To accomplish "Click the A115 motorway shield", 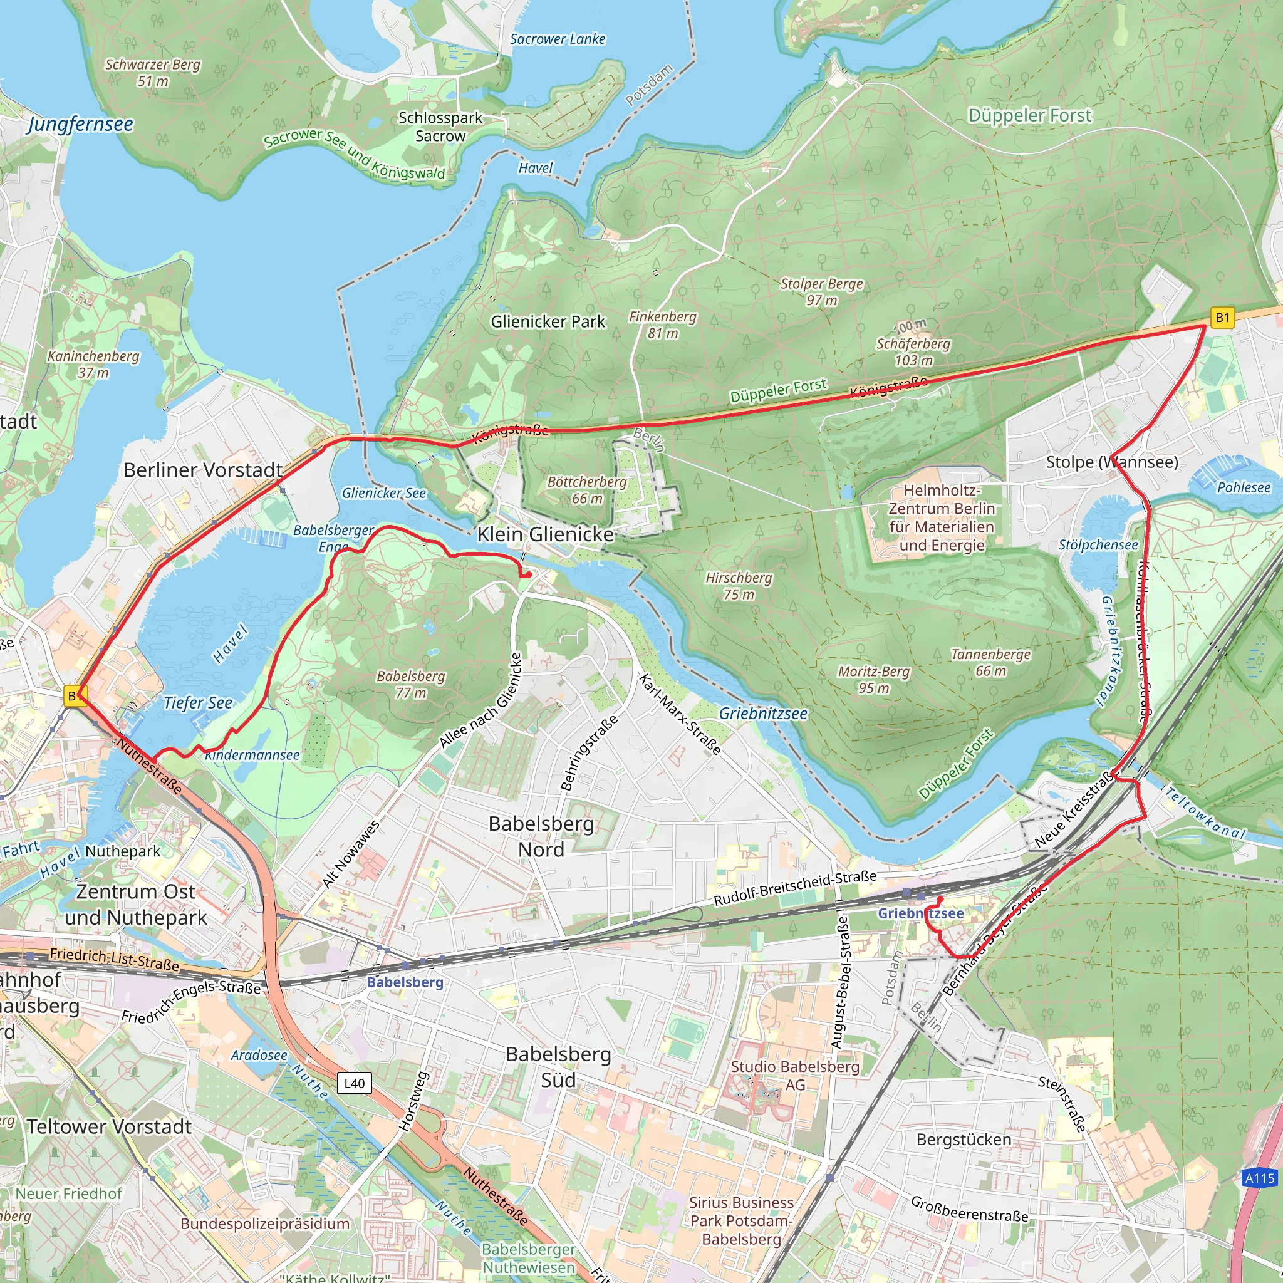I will [x=1259, y=1178].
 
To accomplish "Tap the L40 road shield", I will [x=355, y=1083].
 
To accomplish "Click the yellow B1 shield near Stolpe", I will [x=1222, y=318].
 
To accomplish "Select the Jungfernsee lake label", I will [x=80, y=124].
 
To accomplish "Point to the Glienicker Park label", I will [x=548, y=322].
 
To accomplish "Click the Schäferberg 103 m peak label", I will [x=913, y=351].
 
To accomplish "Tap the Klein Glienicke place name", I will [x=545, y=534].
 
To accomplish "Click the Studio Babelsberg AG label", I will [x=795, y=1075].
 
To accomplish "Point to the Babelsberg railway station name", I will [x=405, y=982].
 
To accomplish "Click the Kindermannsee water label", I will [x=252, y=755].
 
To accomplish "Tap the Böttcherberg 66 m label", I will [x=587, y=489].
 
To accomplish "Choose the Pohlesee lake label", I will [x=1243, y=487].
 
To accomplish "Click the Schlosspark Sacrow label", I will [x=440, y=127].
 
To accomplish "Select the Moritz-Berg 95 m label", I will [x=873, y=679].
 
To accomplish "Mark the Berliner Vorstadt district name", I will [x=203, y=470].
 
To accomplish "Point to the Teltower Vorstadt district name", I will [x=109, y=1126].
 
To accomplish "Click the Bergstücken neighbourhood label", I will [x=964, y=1140].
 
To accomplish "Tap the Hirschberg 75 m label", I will [x=739, y=586].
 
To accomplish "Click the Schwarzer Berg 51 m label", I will [x=153, y=73].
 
